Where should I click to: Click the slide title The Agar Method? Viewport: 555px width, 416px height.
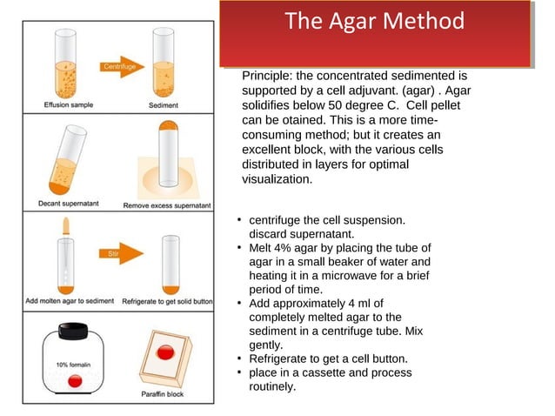374,22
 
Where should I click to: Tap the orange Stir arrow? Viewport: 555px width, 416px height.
113,254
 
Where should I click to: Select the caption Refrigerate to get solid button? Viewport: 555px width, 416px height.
167,301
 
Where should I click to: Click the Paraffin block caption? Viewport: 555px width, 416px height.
162,394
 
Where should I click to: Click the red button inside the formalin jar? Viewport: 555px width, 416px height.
75,381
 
